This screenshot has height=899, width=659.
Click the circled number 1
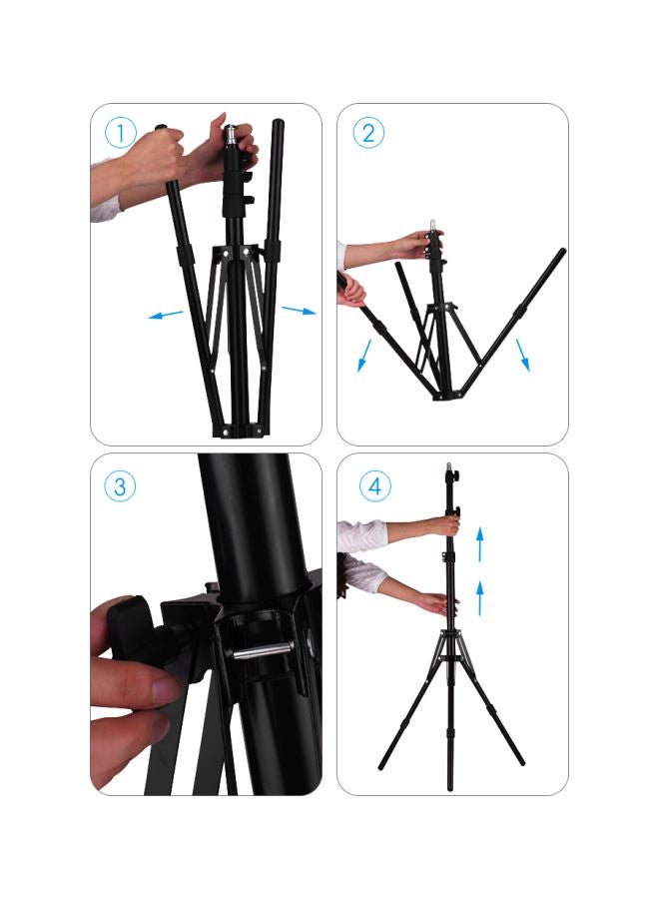pos(119,132)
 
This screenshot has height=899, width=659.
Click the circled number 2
pos(367,132)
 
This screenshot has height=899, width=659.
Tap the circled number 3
pos(119,486)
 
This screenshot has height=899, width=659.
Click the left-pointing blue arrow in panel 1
pos(166,316)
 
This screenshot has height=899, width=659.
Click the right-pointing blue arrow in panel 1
pos(299,311)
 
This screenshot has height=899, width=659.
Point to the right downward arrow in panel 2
pos(522,354)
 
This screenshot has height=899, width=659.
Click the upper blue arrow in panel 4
pos(480,544)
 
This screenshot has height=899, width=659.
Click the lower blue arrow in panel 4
pos(480,596)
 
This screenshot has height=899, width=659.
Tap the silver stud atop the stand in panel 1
pos(230,134)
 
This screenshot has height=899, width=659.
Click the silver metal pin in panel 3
pos(265,650)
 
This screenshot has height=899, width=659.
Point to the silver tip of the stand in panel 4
pos(448,467)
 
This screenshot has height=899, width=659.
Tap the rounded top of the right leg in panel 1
pos(277,124)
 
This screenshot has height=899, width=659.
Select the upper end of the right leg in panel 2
pos(562,253)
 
